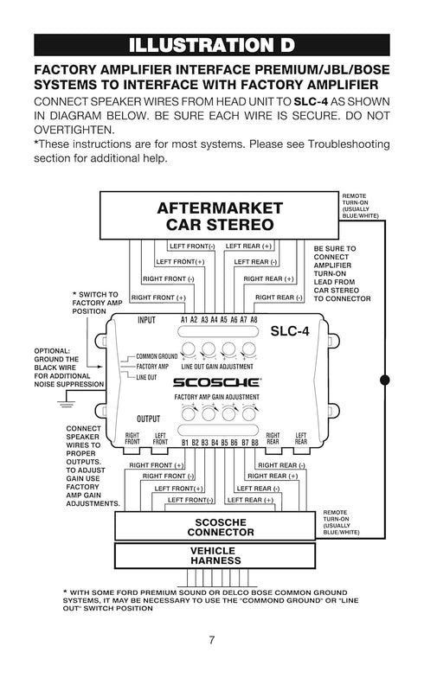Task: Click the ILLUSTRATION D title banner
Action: click(211, 45)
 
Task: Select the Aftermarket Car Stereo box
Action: click(220, 215)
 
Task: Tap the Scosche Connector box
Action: click(215, 526)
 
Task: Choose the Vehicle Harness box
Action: click(215, 555)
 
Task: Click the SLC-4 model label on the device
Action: click(290, 331)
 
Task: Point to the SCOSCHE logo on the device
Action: click(216, 382)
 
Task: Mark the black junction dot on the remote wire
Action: click(384, 380)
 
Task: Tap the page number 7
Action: click(211, 640)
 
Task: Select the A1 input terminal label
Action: click(183, 320)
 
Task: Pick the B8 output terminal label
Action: click(254, 443)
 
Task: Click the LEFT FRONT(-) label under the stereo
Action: click(192, 246)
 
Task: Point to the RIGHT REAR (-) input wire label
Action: click(279, 297)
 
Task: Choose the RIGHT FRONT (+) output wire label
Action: click(156, 465)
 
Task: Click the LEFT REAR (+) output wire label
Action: click(251, 500)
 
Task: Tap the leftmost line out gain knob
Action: click(189, 349)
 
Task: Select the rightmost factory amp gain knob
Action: click(249, 413)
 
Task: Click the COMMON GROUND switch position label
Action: click(157, 356)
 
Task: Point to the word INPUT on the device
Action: click(146, 320)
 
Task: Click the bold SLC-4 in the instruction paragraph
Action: click(311, 102)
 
